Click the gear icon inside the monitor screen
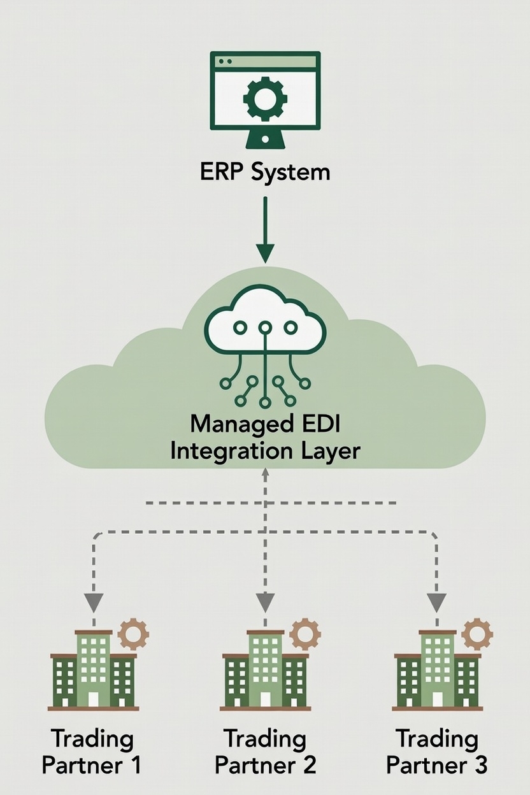(265, 99)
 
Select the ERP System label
(265, 171)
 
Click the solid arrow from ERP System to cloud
(265, 229)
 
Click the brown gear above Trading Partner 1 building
(134, 633)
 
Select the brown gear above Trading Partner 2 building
(305, 633)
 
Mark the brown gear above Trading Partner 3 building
(476, 633)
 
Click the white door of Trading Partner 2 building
(265, 699)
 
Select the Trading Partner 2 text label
(265, 752)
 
